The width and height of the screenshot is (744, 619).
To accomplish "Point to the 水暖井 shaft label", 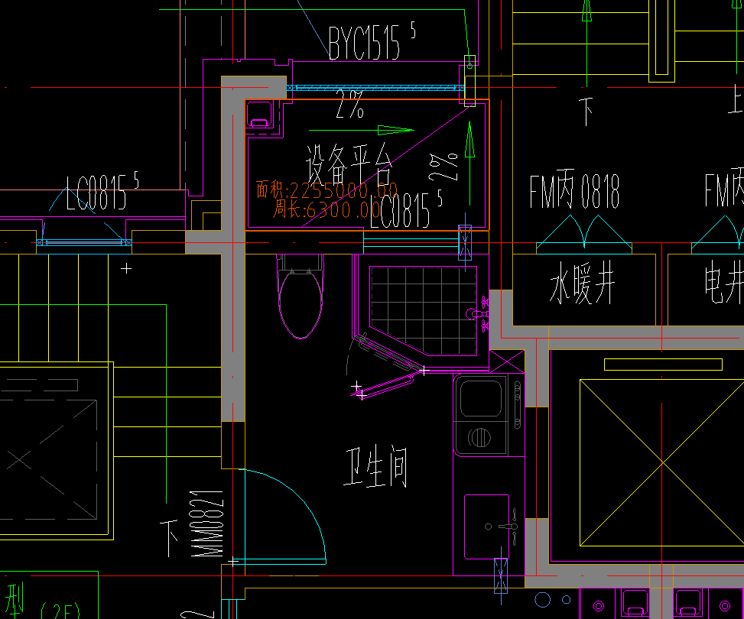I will (583, 287).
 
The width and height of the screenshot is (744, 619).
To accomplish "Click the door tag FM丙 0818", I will (574, 192).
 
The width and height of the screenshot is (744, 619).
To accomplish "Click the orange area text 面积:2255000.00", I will (327, 190).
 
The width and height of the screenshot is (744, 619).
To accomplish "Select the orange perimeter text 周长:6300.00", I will (327, 209).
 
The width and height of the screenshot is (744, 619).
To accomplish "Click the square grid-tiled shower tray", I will (423, 310).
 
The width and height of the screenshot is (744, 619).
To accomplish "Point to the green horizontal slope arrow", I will (395, 130).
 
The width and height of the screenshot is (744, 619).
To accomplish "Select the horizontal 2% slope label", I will (349, 109).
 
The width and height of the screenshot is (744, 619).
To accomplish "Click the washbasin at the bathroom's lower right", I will (486, 527).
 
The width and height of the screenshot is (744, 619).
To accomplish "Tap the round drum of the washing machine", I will (479, 437).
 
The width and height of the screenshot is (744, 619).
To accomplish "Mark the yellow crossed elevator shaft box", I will (661, 462).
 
